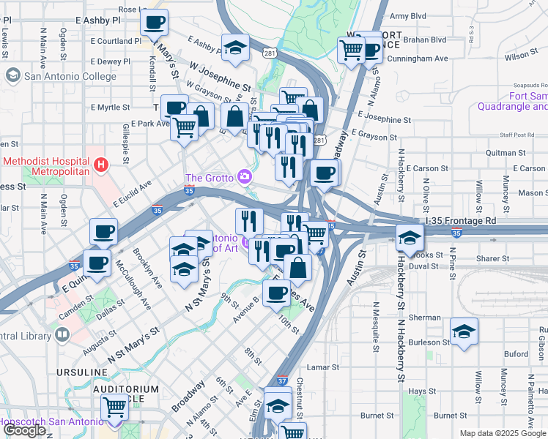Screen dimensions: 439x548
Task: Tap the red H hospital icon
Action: (x=101, y=165)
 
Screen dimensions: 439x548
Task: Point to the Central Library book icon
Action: (x=62, y=335)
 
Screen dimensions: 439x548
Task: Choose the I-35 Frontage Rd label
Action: (x=460, y=220)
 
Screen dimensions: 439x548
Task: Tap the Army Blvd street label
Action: (x=408, y=15)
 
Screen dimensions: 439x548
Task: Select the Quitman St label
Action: (x=522, y=152)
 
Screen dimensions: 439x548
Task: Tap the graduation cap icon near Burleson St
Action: (x=464, y=332)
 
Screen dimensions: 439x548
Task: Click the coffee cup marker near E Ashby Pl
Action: (x=154, y=23)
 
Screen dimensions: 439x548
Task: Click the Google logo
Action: (x=24, y=430)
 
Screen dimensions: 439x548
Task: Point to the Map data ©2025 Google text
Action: (x=503, y=433)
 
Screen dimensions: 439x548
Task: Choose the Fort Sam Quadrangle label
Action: (x=527, y=101)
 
